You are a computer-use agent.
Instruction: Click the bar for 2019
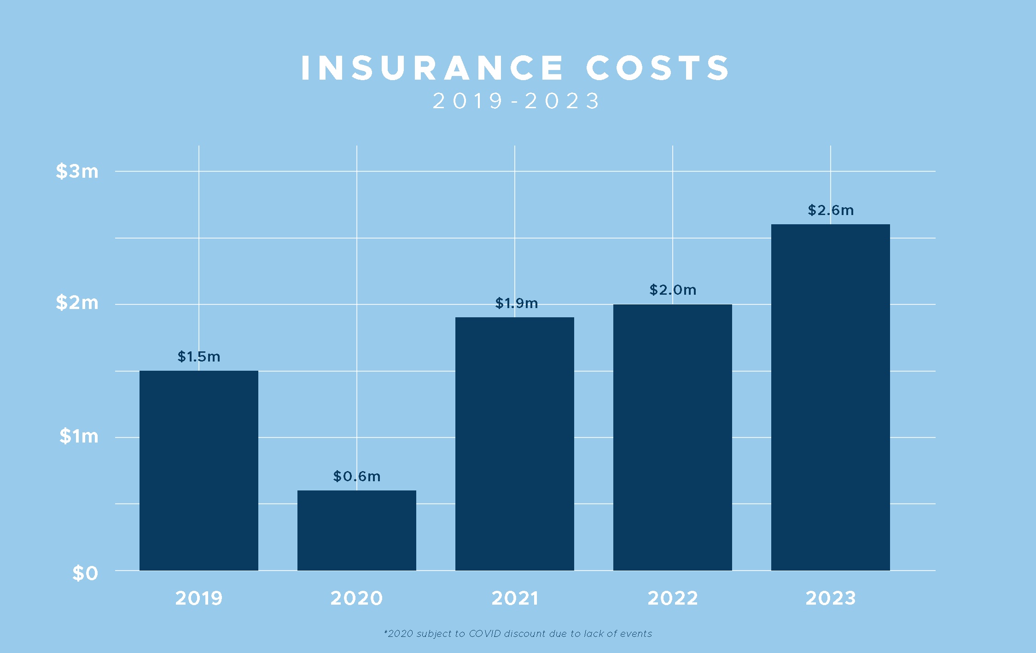tap(198, 470)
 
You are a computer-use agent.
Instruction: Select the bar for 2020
tap(356, 530)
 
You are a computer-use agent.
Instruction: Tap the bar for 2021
tap(514, 443)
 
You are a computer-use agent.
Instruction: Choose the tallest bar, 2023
tap(830, 397)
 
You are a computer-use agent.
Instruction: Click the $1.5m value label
tap(198, 356)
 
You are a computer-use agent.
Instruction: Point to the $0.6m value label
tap(356, 476)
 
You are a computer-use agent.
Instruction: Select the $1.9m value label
tap(516, 303)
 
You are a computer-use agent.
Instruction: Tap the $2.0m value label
tap(672, 290)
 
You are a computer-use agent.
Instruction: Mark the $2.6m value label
tap(830, 210)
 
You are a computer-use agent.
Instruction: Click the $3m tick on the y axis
tap(77, 171)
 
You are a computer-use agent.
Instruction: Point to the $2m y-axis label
tap(77, 303)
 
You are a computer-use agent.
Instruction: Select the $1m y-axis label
tap(79, 436)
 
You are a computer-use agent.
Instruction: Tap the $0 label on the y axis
tap(85, 573)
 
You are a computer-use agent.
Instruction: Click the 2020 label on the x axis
tap(356, 598)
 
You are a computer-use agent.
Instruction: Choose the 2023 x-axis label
tap(830, 598)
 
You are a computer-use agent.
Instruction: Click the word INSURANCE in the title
tap(431, 68)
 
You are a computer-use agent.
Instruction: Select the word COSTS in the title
tap(657, 68)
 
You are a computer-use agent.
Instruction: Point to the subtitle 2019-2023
tap(516, 101)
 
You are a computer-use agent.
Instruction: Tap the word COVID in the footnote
tap(484, 634)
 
